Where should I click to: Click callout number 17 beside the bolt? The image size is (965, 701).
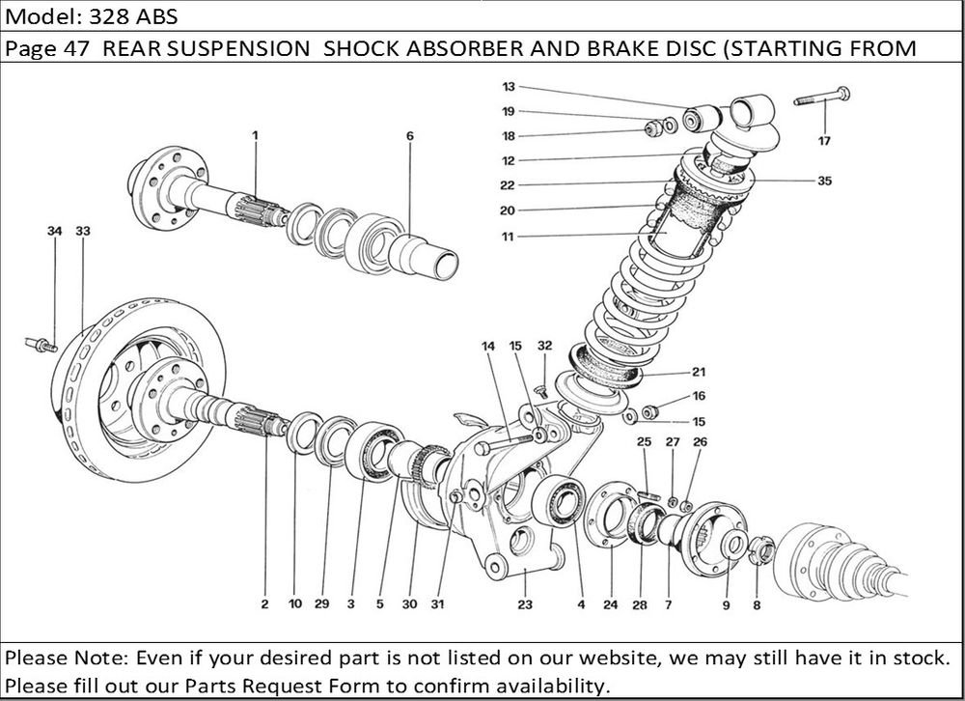823,141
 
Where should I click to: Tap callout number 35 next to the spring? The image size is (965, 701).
824,181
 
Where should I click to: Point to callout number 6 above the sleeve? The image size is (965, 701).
409,137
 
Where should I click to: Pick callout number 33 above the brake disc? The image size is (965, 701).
82,231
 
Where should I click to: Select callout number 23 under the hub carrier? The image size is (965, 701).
524,605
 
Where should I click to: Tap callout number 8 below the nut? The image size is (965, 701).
757,605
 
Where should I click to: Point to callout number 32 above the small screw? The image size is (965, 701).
545,345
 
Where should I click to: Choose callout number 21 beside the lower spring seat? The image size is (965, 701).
698,372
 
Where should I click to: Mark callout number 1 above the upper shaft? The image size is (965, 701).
256,136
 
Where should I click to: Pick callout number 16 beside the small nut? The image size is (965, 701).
699,395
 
